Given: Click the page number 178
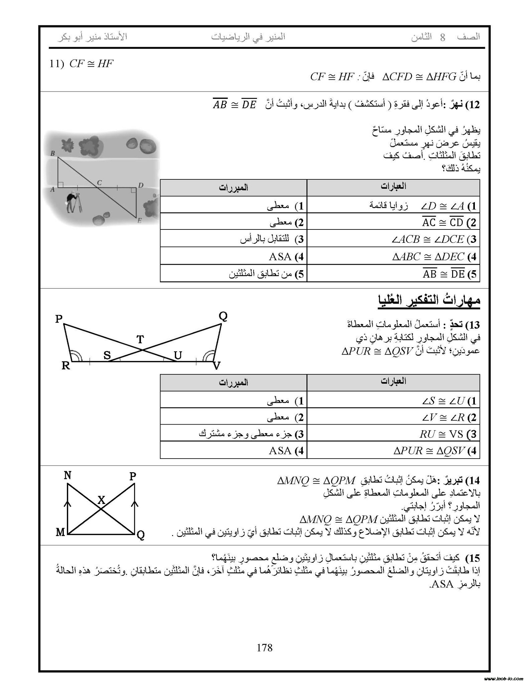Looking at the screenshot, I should [264, 648].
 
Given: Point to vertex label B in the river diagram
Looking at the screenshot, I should [52, 153].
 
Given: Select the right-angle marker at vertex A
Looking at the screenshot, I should [61, 184].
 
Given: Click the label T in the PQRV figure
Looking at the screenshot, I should [140, 339].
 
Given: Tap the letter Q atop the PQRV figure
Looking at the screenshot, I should [223, 316].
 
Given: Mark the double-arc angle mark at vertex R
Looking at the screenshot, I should [76, 356].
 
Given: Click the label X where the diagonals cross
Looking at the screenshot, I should [101, 500].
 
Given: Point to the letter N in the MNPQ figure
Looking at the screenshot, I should [68, 475].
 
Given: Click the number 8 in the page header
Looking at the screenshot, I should [442, 37].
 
